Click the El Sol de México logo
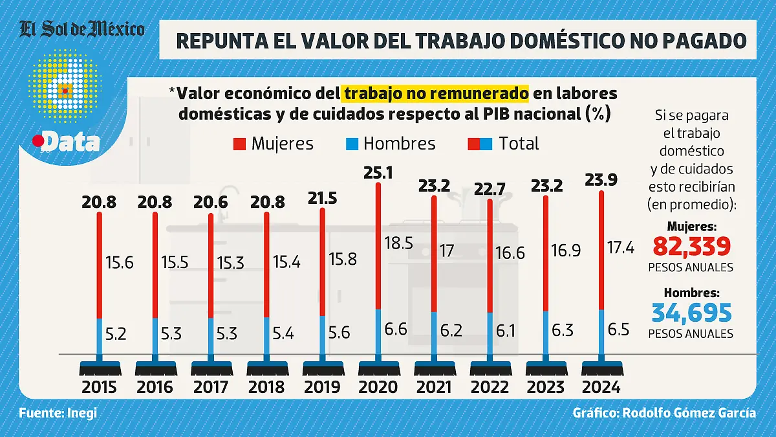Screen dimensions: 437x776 click(82, 29)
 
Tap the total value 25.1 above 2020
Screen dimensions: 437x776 click(378, 173)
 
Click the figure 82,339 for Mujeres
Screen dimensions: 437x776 click(691, 247)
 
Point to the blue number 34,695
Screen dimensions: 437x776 click(691, 313)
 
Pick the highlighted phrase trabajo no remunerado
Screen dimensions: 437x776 click(436, 94)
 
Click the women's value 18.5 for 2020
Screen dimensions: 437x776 click(398, 243)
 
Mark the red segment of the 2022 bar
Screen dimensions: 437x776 click(490, 256)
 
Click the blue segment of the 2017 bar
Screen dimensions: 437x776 click(211, 337)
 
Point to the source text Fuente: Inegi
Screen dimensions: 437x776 click(58, 413)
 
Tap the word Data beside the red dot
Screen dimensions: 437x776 click(71, 142)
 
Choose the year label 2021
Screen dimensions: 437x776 click(434, 387)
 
